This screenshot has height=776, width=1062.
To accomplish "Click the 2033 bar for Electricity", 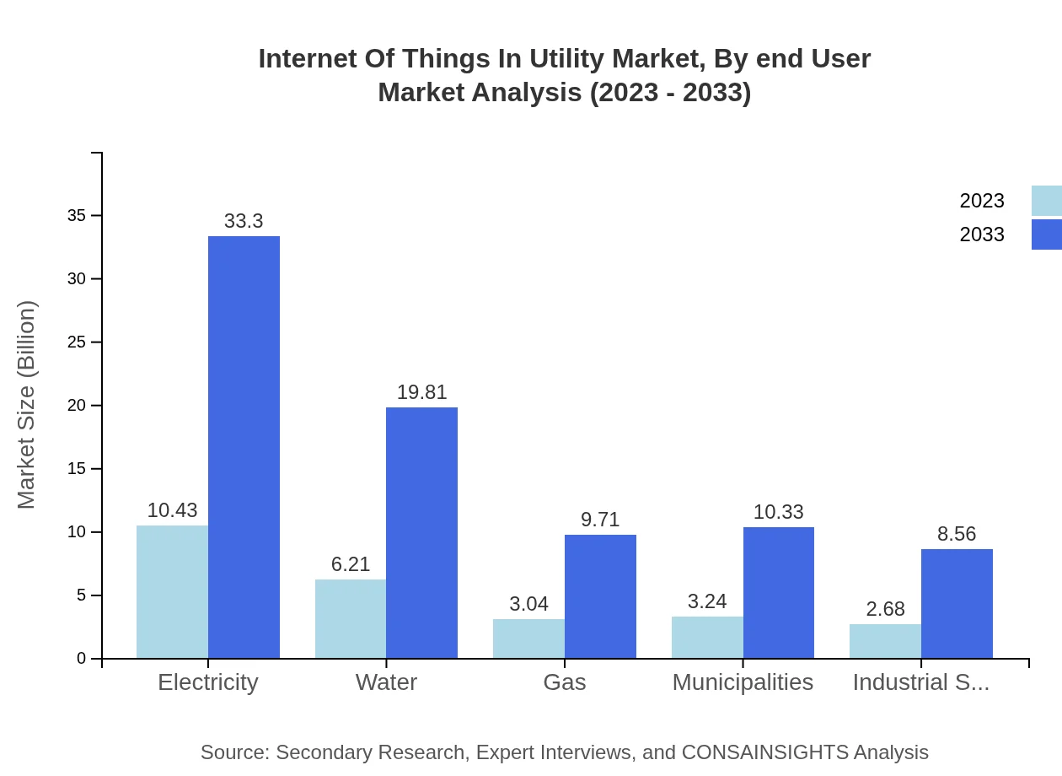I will click(x=244, y=447).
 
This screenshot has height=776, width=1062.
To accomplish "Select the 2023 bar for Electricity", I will click(x=172, y=591).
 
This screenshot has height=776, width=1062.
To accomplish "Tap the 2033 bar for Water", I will click(x=421, y=532).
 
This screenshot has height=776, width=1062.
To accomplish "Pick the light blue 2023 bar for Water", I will click(x=351, y=618).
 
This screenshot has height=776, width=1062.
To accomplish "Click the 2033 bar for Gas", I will click(x=600, y=596).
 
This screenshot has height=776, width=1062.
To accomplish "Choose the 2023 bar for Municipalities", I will click(x=707, y=637).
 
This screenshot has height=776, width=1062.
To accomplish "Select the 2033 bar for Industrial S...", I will click(x=957, y=603).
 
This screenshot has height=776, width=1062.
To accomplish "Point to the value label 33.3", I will click(x=244, y=221).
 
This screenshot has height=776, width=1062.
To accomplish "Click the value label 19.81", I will click(x=421, y=392).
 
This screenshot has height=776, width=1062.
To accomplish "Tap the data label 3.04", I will click(x=528, y=604).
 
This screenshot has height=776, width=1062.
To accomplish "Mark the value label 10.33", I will click(x=778, y=512).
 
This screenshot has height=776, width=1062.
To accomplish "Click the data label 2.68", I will click(x=885, y=609).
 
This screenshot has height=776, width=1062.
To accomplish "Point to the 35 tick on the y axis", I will click(x=77, y=216).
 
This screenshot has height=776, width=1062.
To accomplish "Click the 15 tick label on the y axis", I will click(x=77, y=469).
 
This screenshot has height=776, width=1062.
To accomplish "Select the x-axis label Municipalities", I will click(x=743, y=682).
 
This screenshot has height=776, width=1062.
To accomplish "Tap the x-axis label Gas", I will click(x=565, y=682).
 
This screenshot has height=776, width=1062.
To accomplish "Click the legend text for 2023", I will click(x=982, y=201).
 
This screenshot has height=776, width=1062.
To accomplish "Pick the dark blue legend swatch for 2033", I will click(x=1046, y=234).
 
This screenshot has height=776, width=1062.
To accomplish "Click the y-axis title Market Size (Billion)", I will click(x=26, y=405).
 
